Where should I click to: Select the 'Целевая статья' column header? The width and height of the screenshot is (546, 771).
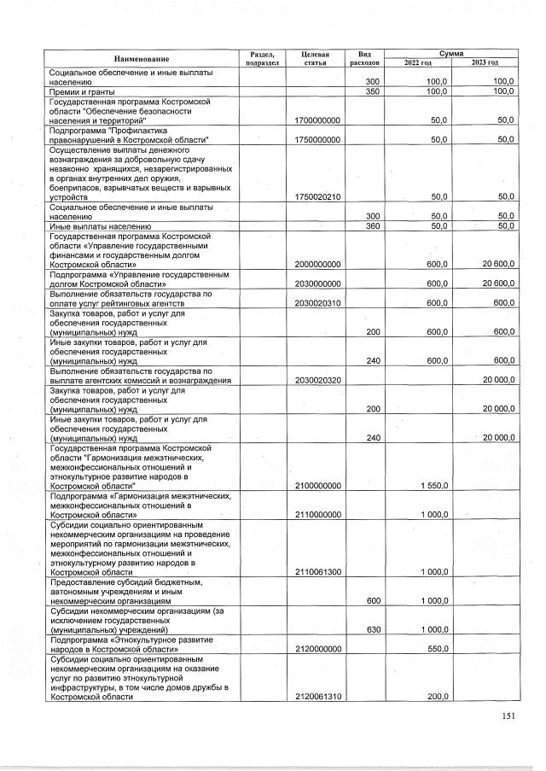[x=316, y=58]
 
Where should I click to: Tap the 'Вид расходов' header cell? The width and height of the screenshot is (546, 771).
[x=364, y=58]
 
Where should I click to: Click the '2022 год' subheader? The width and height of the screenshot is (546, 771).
[x=418, y=62]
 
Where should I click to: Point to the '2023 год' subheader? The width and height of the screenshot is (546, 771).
[x=485, y=62]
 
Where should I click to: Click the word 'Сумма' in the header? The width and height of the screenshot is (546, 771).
[x=451, y=53]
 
